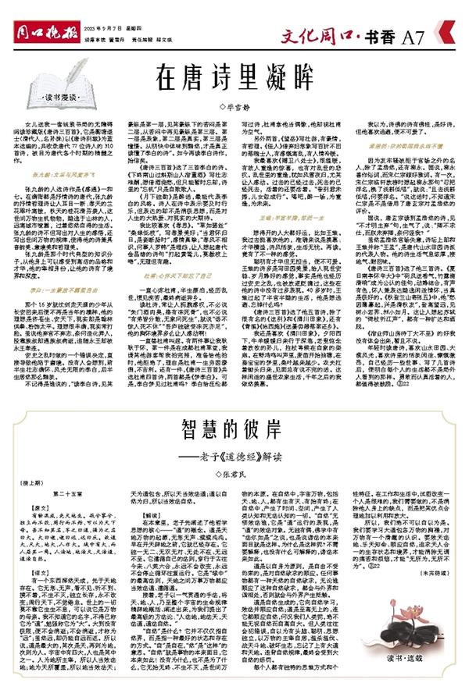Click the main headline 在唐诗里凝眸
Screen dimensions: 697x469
click(x=234, y=77)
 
